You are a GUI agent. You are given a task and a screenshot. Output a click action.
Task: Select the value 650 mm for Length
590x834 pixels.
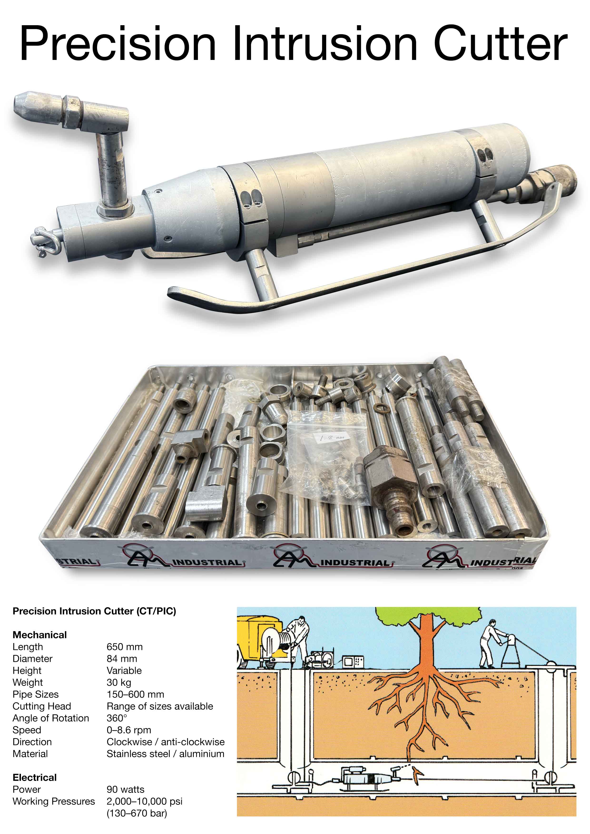tap(124, 647)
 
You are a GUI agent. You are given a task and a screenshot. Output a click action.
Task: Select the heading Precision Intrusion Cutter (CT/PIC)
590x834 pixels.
tap(94, 611)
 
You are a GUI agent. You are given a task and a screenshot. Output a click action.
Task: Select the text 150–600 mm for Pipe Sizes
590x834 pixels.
tap(135, 694)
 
